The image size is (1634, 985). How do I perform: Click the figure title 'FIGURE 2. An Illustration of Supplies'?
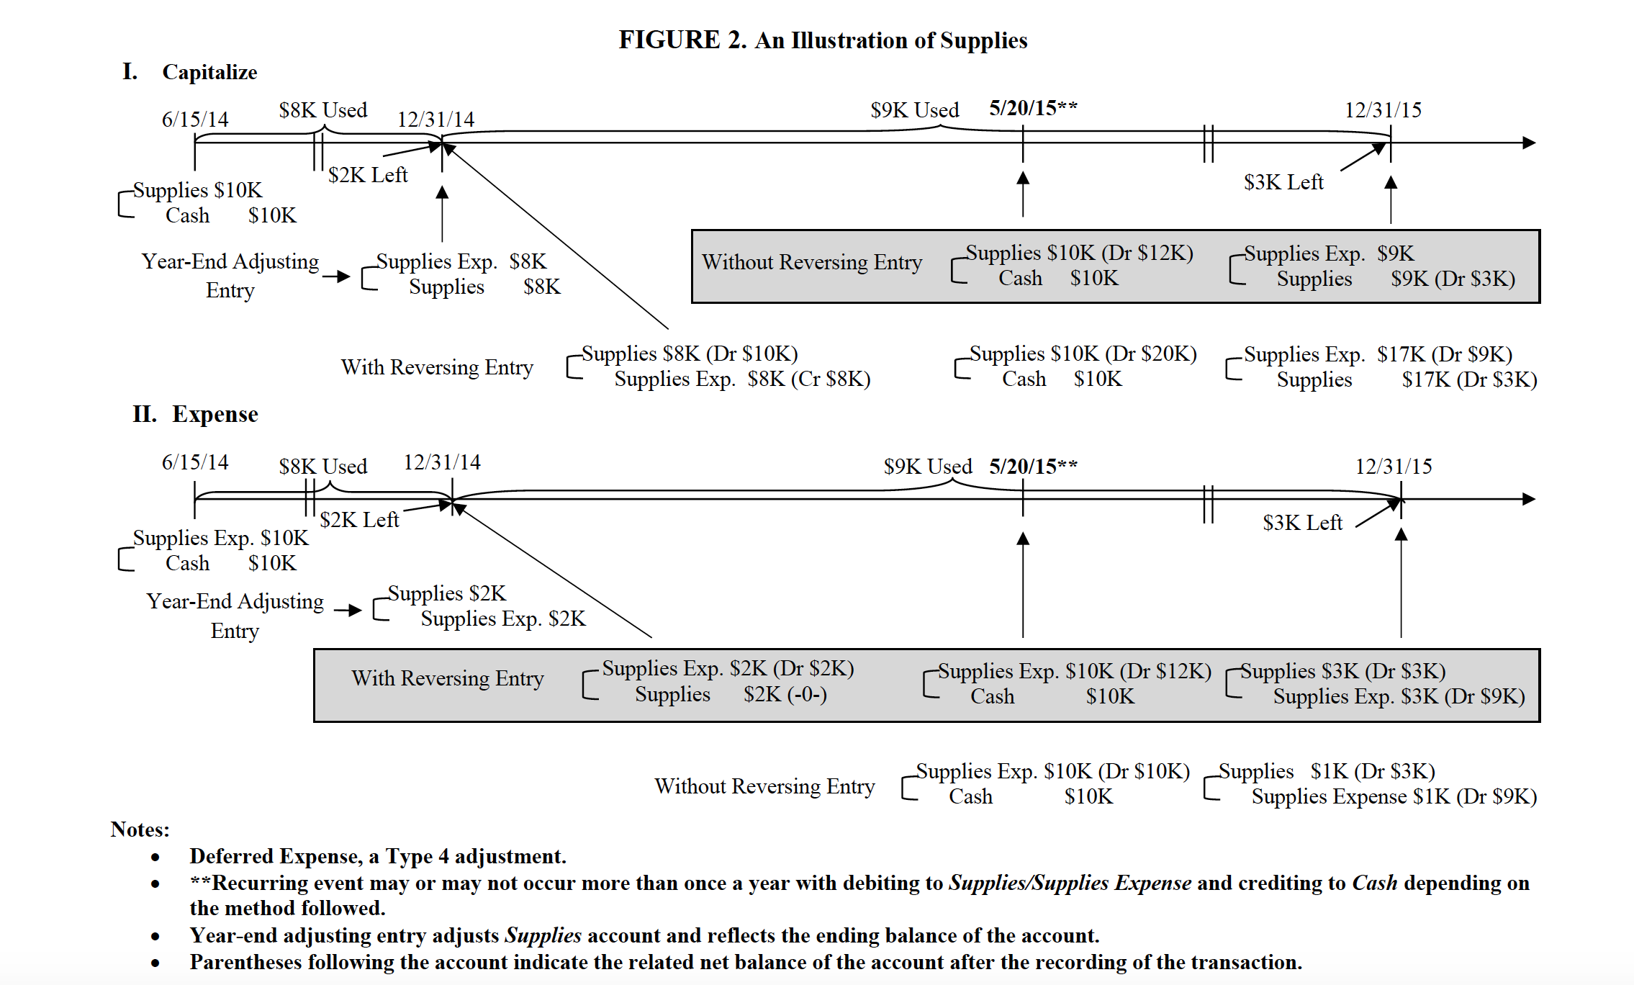pyautogui.click(x=823, y=40)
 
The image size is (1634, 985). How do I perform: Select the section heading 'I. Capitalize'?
pyautogui.click(x=190, y=72)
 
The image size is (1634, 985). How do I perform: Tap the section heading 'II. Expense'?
pyautogui.click(x=195, y=414)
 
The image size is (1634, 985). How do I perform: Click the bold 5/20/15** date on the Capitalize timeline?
pyautogui.click(x=1032, y=108)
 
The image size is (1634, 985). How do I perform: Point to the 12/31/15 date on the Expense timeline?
pyautogui.click(x=1393, y=467)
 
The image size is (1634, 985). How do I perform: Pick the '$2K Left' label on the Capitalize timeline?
pyautogui.click(x=367, y=175)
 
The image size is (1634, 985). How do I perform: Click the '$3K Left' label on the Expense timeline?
pyautogui.click(x=1302, y=523)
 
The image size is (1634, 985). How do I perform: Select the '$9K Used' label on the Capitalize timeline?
pyautogui.click(x=914, y=110)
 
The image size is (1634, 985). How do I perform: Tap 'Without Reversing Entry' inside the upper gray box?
pyautogui.click(x=811, y=262)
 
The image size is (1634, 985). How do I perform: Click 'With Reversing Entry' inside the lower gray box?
pyautogui.click(x=447, y=678)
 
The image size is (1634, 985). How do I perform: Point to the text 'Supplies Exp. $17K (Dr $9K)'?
pyautogui.click(x=1377, y=354)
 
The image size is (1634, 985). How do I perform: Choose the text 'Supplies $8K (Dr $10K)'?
pyautogui.click(x=689, y=354)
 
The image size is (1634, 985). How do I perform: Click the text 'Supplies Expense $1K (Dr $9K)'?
pyautogui.click(x=1394, y=796)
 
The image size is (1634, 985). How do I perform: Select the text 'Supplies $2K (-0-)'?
pyautogui.click(x=730, y=694)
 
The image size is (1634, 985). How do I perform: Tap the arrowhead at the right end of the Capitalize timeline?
pyautogui.click(x=1529, y=143)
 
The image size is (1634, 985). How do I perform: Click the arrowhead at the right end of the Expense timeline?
pyautogui.click(x=1529, y=499)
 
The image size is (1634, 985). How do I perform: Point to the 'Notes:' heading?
pyautogui.click(x=140, y=829)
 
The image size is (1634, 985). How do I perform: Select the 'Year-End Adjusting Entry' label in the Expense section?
pyautogui.click(x=235, y=616)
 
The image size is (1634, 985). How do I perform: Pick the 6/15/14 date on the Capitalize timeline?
pyautogui.click(x=194, y=119)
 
